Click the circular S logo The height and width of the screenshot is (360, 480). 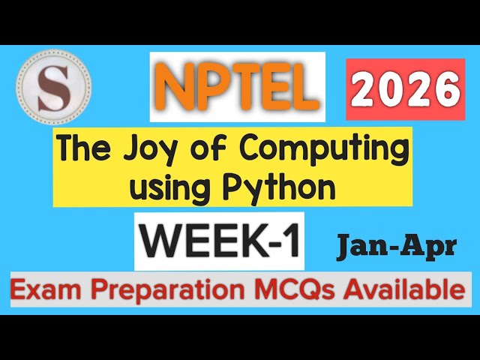click(53, 83)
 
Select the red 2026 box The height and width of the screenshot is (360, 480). click(406, 89)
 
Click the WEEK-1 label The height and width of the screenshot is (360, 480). click(220, 241)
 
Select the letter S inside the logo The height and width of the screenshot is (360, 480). click(53, 83)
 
